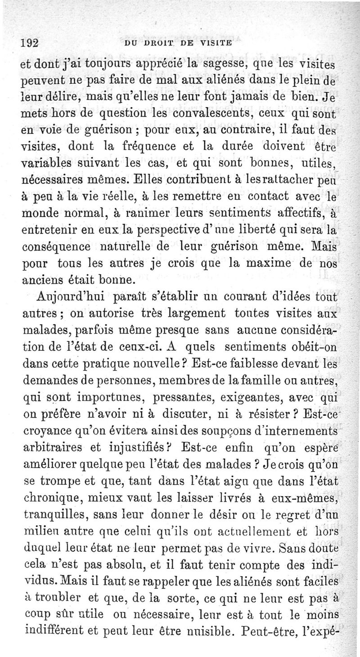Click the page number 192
(x=30, y=43)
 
